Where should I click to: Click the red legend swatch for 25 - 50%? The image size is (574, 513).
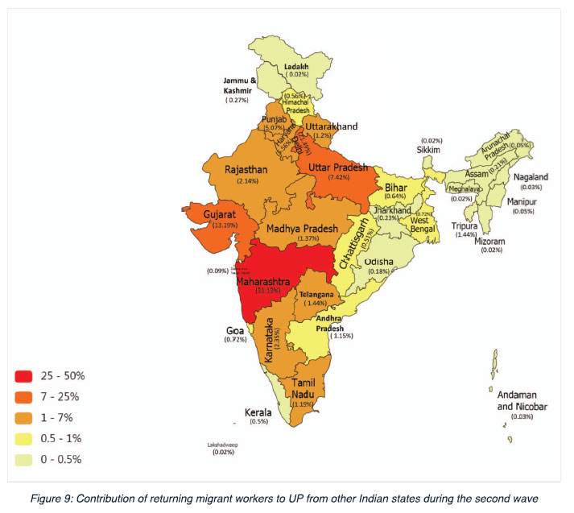(23, 376)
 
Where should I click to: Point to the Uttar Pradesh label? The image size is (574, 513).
(332, 167)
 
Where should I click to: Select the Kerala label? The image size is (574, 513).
(258, 412)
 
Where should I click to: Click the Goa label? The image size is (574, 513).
(235, 330)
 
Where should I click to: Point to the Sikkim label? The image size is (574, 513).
(430, 150)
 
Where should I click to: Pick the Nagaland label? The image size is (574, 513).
(530, 177)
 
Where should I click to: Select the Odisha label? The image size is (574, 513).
(378, 262)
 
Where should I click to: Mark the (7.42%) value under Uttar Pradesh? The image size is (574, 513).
(332, 176)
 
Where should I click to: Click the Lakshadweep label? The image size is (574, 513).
(224, 445)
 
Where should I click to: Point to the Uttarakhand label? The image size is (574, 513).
(330, 126)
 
